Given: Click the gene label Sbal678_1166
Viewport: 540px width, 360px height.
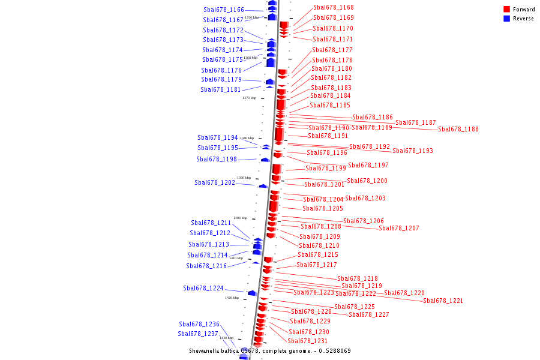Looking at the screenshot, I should click(224, 10).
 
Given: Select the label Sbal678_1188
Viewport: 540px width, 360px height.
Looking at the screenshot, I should click(458, 129).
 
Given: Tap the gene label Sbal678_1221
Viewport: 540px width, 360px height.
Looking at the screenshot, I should click(443, 301).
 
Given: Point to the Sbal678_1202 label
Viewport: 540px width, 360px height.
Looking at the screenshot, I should click(215, 182).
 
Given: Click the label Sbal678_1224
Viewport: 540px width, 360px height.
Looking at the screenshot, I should click(203, 288).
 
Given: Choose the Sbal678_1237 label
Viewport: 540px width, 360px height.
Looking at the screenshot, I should click(198, 334).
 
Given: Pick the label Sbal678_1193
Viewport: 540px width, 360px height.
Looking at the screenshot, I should click(413, 151).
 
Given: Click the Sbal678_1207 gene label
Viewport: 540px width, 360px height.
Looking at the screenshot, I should click(399, 228).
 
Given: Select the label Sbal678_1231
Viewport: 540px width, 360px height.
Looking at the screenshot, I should click(308, 341).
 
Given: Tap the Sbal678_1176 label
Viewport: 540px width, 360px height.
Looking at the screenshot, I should click(221, 70).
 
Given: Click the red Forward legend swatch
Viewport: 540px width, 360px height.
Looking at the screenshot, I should click(506, 10).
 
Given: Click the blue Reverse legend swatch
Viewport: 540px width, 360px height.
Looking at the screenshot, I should click(506, 19).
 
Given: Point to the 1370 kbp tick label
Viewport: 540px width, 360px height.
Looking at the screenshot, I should click(249, 98).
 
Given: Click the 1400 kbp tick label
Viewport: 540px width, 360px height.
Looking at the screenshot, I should click(240, 218).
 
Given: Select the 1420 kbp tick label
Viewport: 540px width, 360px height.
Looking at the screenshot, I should click(232, 298).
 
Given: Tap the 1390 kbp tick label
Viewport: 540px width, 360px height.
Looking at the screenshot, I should click(244, 178).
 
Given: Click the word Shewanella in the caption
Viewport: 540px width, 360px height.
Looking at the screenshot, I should click(206, 350).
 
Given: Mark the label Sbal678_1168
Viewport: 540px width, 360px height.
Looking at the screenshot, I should click(334, 7).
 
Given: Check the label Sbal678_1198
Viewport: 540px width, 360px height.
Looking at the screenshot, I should click(217, 159).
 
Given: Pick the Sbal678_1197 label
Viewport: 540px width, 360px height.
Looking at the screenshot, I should click(368, 165).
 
